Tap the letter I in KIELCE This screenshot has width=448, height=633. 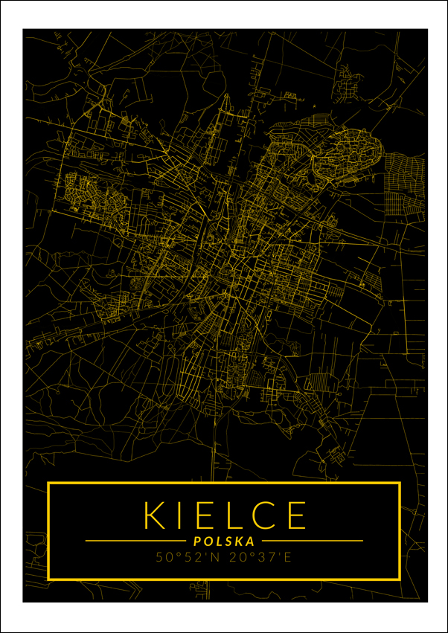[181, 515]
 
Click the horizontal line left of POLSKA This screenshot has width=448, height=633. [134, 541]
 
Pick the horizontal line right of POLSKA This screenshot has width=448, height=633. [313, 541]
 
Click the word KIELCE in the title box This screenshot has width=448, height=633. [225, 515]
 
